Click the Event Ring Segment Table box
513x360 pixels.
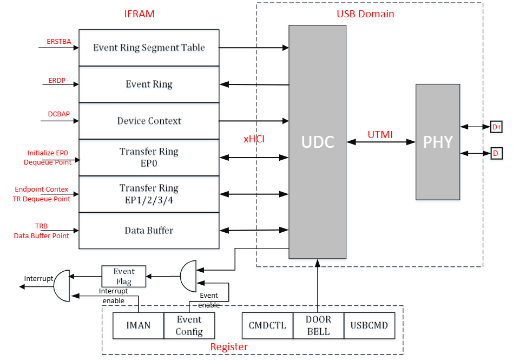tap(149, 48)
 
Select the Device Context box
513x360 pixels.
tap(149, 121)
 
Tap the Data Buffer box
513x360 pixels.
tap(149, 231)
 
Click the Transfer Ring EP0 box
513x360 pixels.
tap(149, 157)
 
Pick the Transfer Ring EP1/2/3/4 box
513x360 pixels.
tap(149, 194)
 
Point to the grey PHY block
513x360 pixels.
tap(437, 142)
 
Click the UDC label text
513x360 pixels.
tap(318, 142)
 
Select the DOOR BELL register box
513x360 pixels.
tap(318, 325)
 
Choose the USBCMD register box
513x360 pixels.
tap(369, 325)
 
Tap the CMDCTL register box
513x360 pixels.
tap(267, 325)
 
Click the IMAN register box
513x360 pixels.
tap(137, 325)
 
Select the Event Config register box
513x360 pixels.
tap(189, 325)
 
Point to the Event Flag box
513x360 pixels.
tap(124, 276)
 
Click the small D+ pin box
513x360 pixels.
tap(496, 127)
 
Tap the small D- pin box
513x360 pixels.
tap(496, 153)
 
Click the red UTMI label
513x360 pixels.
tap(380, 134)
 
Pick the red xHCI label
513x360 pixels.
tap(254, 139)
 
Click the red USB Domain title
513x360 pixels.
tap(369, 14)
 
